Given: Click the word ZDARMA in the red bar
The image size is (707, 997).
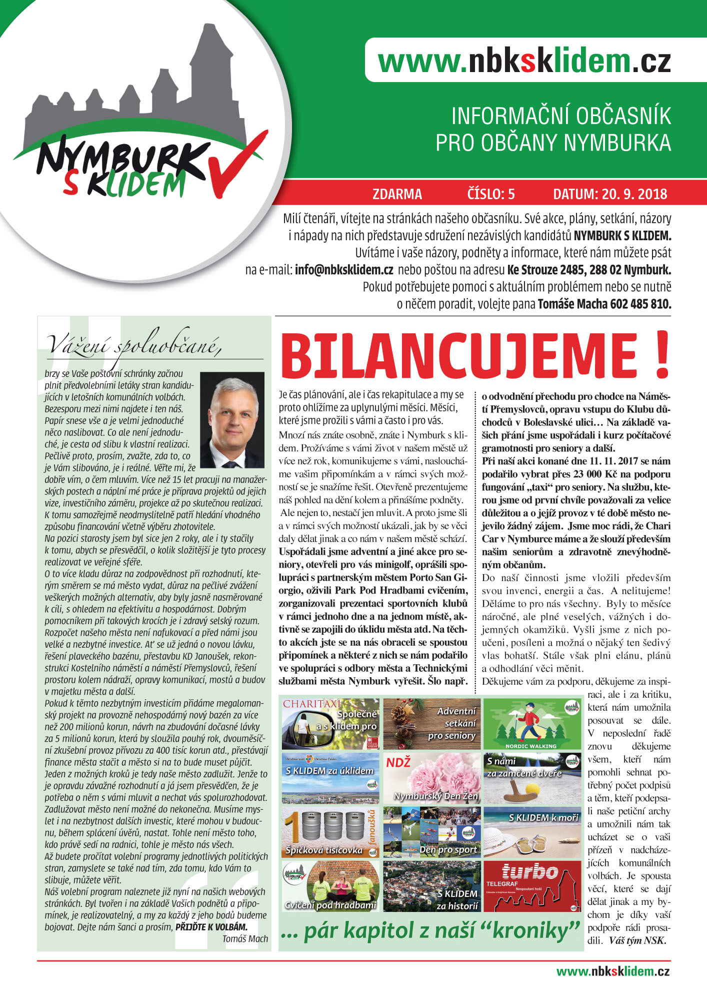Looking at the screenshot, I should [397, 194].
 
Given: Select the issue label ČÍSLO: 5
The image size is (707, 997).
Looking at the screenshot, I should [490, 194].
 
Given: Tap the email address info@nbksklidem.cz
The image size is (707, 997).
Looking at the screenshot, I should [343, 270].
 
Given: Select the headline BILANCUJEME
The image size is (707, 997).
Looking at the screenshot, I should [465, 356].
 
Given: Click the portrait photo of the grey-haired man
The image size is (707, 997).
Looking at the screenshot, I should [232, 419].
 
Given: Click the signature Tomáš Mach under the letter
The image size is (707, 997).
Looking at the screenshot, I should [245, 939].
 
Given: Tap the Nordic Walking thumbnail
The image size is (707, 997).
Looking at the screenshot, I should [531, 724].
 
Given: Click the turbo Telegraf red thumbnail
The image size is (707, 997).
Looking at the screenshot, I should [531, 886].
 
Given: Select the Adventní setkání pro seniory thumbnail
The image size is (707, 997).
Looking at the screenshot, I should [431, 724].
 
